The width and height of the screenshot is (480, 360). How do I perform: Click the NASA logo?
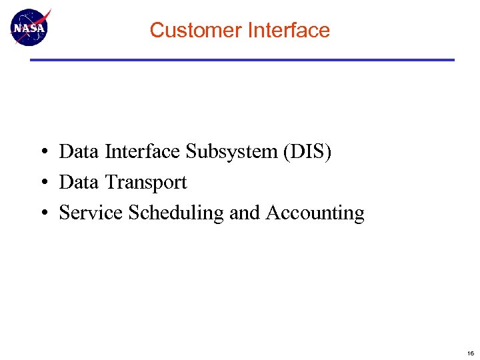[29, 28]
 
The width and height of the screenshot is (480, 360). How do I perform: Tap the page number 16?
[471, 353]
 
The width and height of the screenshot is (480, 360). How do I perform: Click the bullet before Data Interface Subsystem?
[42, 153]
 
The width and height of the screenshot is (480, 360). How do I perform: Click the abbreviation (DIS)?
[307, 152]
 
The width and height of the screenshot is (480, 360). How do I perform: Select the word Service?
[91, 213]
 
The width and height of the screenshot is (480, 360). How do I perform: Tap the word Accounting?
[315, 213]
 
